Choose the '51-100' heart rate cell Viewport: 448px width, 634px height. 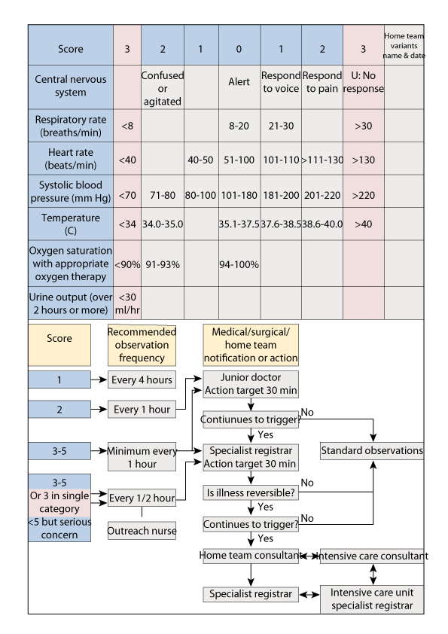239,160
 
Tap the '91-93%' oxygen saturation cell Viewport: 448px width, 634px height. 163,265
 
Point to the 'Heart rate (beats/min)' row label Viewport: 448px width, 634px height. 70,160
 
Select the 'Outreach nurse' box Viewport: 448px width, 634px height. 142,531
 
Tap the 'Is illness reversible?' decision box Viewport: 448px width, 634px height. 251,492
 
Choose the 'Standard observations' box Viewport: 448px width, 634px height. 372,451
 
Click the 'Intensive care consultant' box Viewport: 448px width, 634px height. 374,556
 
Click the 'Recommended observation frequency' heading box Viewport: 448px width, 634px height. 142,335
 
